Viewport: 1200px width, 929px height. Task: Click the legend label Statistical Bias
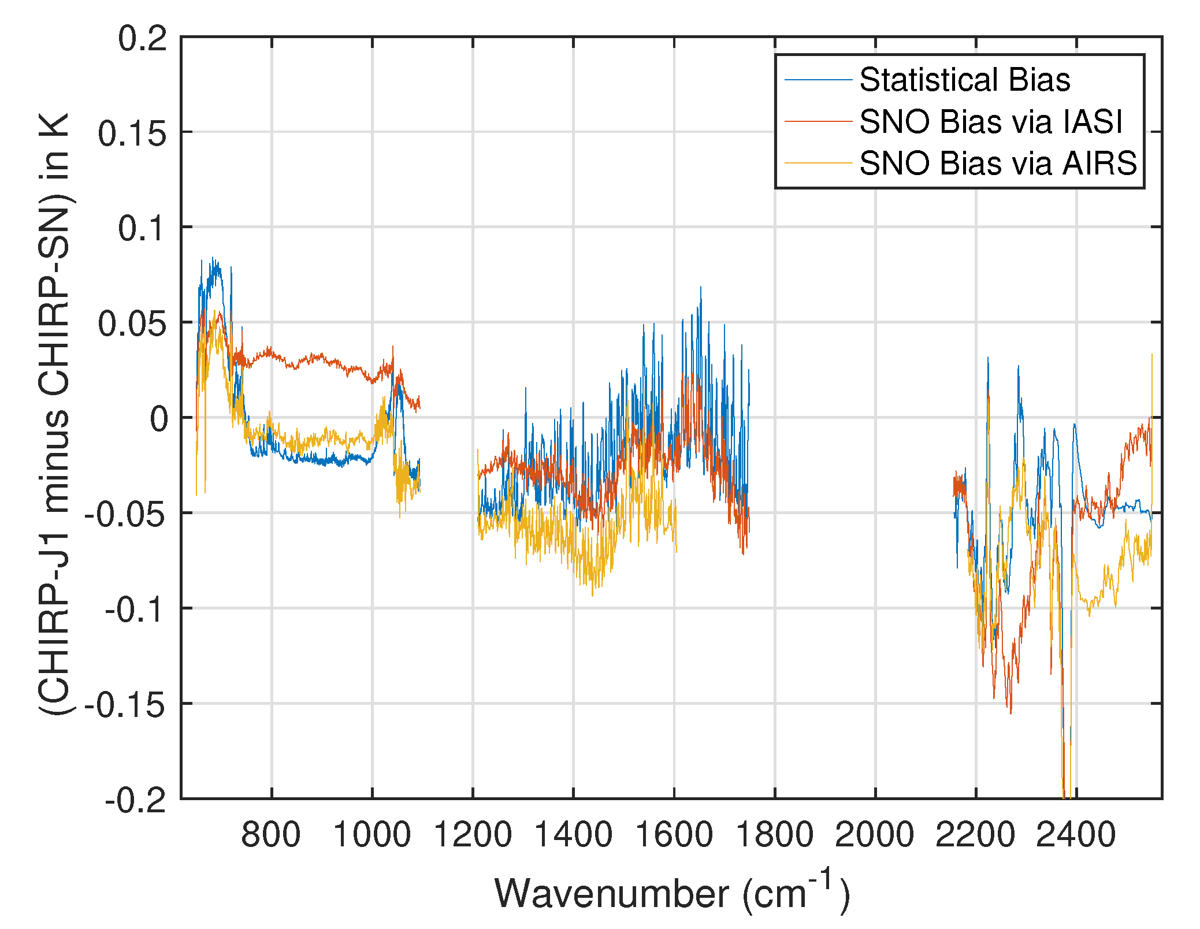pyautogui.click(x=964, y=80)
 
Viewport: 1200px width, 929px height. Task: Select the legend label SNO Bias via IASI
pyautogui.click(x=990, y=122)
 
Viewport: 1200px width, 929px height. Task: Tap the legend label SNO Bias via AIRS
pyautogui.click(x=998, y=163)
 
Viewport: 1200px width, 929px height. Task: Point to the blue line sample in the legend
pyautogui.click(x=818, y=80)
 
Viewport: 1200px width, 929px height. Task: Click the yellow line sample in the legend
pyautogui.click(x=818, y=163)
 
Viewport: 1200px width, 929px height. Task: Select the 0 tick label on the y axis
pyautogui.click(x=159, y=419)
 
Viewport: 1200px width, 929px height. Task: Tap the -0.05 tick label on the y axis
pyautogui.click(x=125, y=514)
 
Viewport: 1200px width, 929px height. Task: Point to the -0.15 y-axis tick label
pyautogui.click(x=125, y=705)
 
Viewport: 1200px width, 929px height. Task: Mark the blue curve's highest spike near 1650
pyautogui.click(x=701, y=287)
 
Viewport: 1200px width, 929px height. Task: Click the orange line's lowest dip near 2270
pyautogui.click(x=1010, y=713)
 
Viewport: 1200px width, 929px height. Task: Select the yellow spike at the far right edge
pyautogui.click(x=1151, y=355)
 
